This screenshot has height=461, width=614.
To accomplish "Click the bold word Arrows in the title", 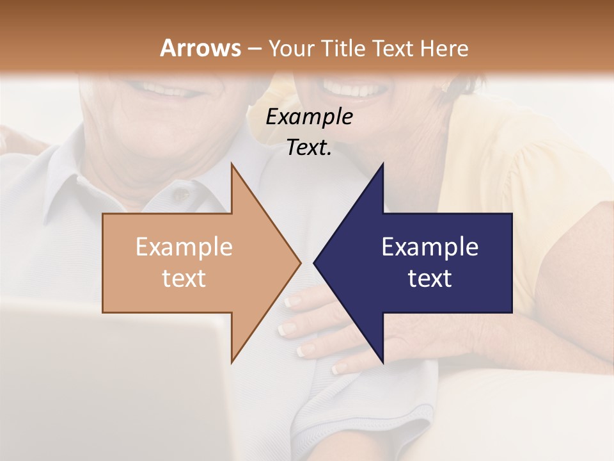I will [200, 48].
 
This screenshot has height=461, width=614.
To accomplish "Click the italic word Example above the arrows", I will [309, 117].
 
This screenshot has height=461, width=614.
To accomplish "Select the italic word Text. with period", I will [309, 148].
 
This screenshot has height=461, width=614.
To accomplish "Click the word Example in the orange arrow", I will [184, 247].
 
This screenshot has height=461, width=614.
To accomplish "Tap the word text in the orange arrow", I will [184, 279].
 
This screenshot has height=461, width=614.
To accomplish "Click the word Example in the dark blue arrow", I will [430, 247].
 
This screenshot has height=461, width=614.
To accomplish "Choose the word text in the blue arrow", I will [430, 279].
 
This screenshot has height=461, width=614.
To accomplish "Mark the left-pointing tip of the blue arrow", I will [316, 263].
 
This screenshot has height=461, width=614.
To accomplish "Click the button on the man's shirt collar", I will [184, 193].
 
